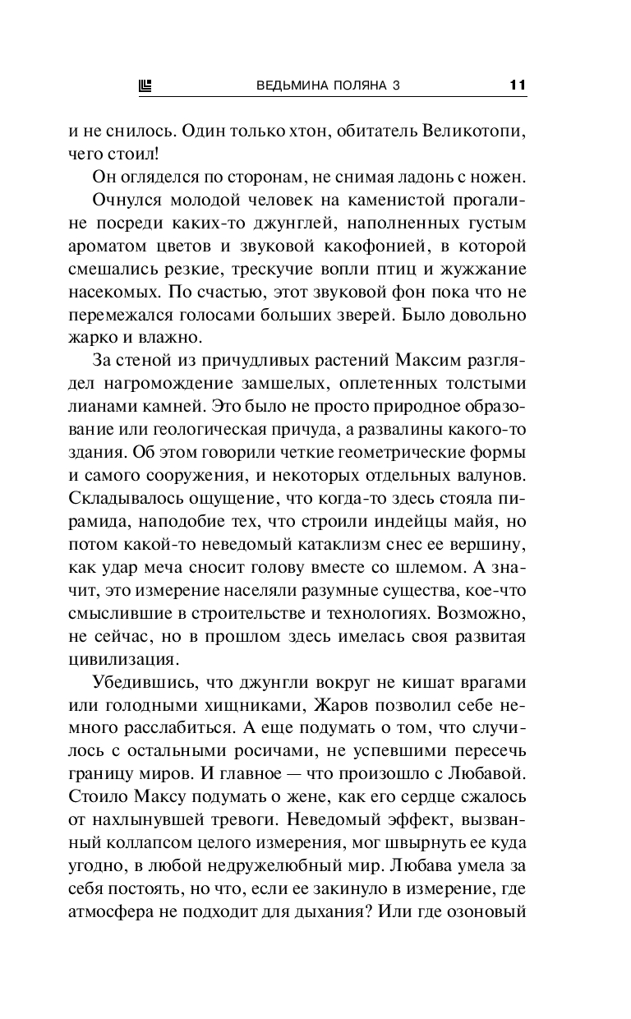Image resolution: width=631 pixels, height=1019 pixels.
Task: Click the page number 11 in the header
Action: [x=517, y=84]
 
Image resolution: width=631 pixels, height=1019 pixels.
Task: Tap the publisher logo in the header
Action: [x=147, y=84]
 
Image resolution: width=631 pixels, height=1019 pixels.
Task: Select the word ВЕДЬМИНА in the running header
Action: [x=292, y=84]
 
